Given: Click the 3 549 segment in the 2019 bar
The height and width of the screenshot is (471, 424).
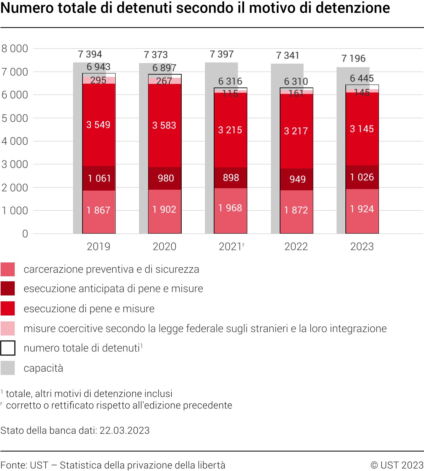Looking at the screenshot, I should coord(99,125).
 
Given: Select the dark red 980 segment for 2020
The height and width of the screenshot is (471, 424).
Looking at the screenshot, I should coord(165,178).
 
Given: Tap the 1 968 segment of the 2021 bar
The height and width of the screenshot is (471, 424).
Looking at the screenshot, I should coord(230,208).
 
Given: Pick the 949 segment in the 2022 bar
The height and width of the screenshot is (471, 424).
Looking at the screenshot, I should coord(297,179).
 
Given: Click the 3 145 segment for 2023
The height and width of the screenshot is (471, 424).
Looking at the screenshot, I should coord(362,129).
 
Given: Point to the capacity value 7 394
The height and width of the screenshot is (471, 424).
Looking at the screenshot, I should coord(90,54).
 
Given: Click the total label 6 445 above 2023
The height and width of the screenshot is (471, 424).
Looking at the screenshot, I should coord(362,78).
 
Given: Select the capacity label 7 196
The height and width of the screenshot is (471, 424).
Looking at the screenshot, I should coord(353,58).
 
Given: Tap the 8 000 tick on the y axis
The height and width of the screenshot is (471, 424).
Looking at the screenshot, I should coord(15,48).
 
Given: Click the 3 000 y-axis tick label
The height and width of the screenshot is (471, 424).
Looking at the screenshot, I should coord(15,164).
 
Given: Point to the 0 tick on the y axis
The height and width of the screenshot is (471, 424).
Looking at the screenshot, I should coord(25,234).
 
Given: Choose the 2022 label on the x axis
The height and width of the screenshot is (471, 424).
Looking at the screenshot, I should coord(296,247).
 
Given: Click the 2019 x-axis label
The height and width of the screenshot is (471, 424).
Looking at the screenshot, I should coord(99,247).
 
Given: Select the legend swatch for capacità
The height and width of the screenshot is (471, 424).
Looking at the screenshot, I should coord(8,368).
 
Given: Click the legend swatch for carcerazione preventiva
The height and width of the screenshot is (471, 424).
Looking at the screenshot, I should coord(8,269).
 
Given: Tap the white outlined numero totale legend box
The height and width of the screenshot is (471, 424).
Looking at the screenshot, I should coord(8,348).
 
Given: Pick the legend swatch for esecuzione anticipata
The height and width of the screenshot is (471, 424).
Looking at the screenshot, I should coord(8,288).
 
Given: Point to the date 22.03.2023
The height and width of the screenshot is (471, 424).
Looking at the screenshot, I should coord(125,430).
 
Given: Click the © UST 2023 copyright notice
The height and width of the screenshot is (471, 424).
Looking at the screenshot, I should coord(397,465).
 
